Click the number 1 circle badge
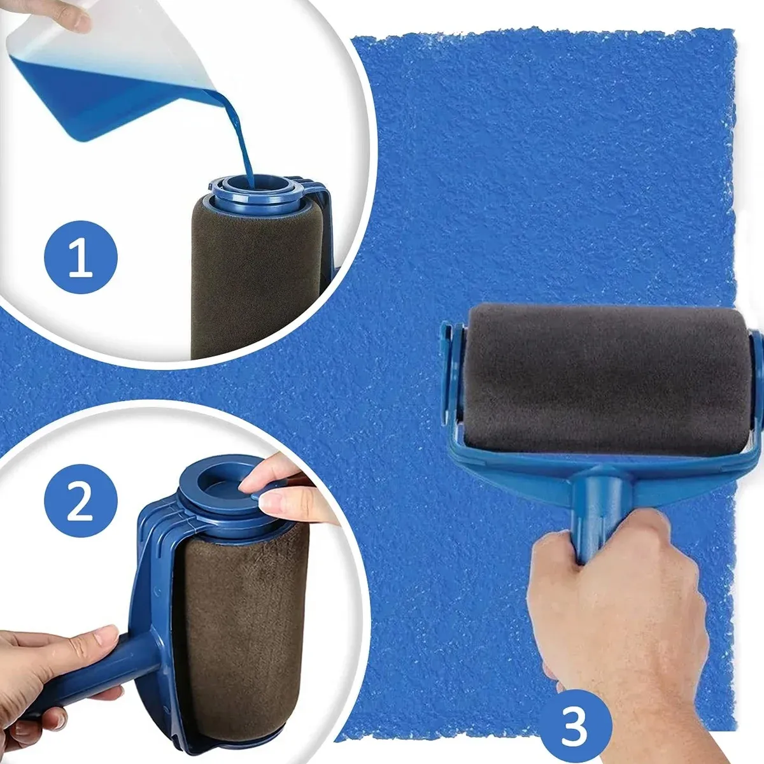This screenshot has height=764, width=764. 80,258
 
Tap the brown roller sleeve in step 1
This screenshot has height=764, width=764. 255,280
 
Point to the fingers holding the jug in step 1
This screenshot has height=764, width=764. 64,16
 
